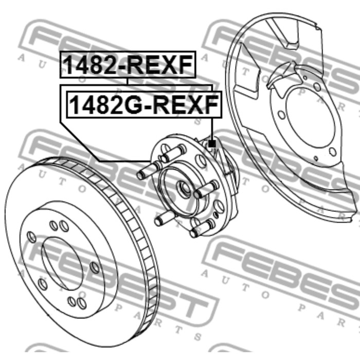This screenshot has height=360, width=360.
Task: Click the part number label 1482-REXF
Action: tap(128, 64)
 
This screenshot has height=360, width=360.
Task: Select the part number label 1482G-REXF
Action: tap(144, 105)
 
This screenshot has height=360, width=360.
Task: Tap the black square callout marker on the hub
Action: tap(212, 144)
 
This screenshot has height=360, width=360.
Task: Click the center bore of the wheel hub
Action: tap(184, 189)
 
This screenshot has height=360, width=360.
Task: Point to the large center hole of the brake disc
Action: tap(62, 264)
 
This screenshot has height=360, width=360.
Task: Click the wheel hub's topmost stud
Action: tap(173, 153)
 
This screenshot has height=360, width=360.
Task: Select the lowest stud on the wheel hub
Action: tap(202, 228)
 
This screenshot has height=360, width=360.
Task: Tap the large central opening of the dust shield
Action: tap(310, 118)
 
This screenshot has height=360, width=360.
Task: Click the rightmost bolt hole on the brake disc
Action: tap(95, 268)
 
